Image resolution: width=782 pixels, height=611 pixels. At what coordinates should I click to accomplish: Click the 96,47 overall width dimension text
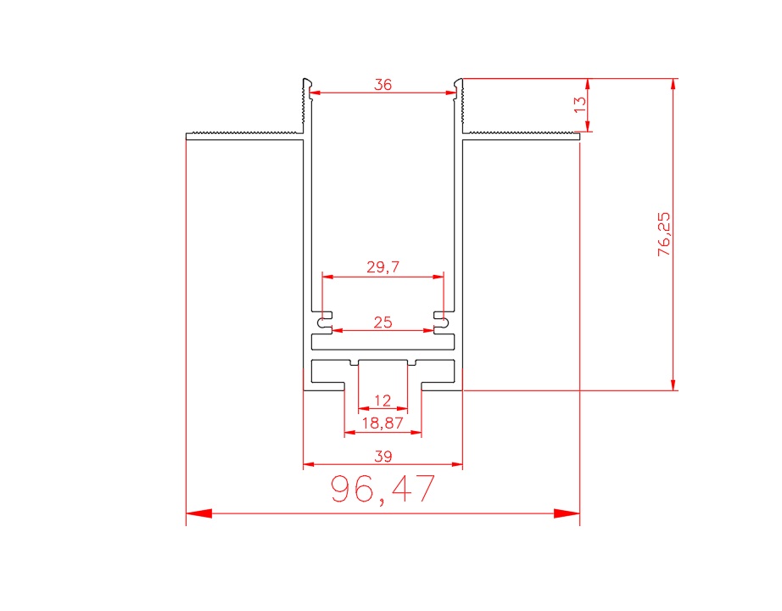coord(383,490)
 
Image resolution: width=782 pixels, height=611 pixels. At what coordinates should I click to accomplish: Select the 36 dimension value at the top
coord(383,85)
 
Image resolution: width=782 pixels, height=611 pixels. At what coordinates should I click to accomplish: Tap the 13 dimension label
coord(580,104)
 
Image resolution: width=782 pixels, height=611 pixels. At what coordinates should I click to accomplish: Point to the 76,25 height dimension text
coord(664,234)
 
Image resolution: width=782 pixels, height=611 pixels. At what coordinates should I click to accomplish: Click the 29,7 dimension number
coord(383,267)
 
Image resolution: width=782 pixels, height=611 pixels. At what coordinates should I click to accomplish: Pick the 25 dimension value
coord(383,322)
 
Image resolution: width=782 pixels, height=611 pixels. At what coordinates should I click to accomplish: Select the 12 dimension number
coord(383,401)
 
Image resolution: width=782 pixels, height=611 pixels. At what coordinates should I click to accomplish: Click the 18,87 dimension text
coord(383,423)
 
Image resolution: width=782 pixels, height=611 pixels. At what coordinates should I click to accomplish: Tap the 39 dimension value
coord(383,457)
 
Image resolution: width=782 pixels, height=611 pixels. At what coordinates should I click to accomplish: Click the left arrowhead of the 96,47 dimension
coord(198,513)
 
